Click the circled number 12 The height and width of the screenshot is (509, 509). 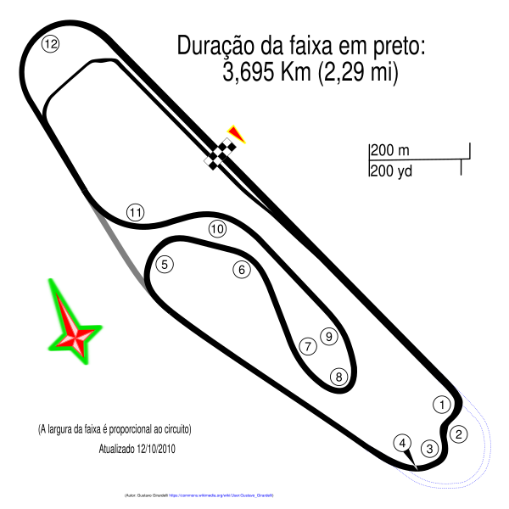point(50,44)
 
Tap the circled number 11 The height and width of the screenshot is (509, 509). point(136,213)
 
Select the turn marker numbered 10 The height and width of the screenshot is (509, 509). point(217,229)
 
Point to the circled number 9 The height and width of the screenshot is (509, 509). point(329,337)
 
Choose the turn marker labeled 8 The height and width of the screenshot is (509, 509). point(339,377)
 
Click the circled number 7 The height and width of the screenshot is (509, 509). point(308,346)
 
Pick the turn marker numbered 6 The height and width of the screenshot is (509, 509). point(242,270)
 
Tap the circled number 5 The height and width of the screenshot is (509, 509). point(165,265)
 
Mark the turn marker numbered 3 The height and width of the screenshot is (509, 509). point(430,449)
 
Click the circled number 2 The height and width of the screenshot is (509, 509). point(459,434)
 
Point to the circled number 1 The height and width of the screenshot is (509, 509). point(442,405)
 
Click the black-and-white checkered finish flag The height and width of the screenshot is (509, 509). point(219,153)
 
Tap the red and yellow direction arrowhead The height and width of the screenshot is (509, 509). point(236,133)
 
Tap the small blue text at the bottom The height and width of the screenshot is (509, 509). point(221,495)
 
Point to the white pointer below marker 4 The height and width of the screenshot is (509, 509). point(411,459)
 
